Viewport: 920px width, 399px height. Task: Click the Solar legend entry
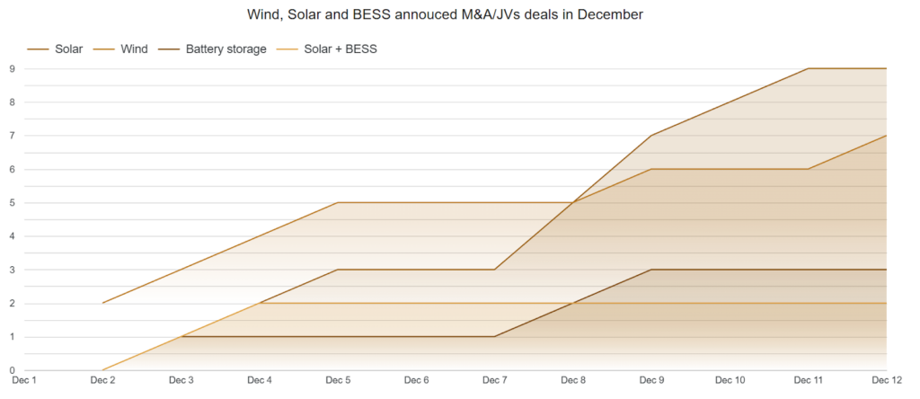pos(55,49)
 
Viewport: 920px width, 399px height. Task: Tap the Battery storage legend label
pos(226,49)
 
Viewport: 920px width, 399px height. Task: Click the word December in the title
pos(610,14)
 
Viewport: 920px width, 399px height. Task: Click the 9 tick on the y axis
pos(11,68)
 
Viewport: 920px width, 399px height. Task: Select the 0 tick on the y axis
pos(11,370)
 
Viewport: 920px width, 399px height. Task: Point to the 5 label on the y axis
pos(11,203)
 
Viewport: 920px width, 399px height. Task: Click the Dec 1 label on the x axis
pos(24,380)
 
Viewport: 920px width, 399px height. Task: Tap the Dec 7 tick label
pos(495,380)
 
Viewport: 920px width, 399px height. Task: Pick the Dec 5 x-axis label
pos(338,380)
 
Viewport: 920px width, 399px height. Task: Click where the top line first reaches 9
pos(809,68)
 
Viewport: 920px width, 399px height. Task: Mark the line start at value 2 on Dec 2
pos(102,304)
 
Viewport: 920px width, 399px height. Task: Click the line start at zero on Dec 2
pos(102,370)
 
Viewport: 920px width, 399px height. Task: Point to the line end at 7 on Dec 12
pos(887,136)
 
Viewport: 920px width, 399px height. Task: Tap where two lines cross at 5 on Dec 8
pos(573,203)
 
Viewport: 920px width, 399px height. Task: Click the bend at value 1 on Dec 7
pos(495,337)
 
